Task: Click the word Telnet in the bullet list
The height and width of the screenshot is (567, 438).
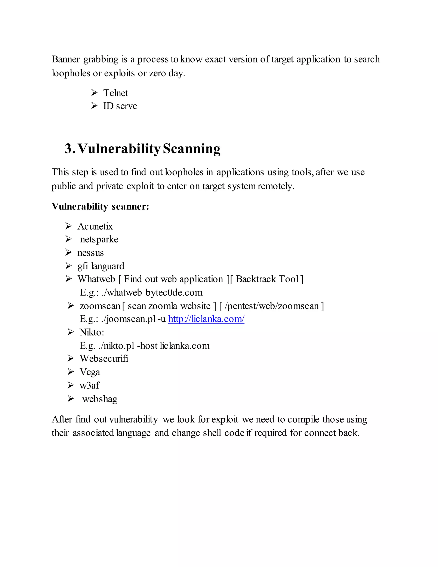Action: click(x=115, y=93)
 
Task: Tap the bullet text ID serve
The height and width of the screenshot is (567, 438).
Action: click(x=120, y=106)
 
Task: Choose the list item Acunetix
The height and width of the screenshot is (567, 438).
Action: click(x=95, y=226)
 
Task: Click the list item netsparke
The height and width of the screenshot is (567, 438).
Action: click(x=99, y=239)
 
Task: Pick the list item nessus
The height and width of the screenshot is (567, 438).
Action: click(x=90, y=253)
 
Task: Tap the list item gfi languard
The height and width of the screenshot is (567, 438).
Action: click(x=101, y=266)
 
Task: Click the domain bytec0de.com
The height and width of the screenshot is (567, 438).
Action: click(x=174, y=292)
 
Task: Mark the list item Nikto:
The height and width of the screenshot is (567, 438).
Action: click(x=92, y=332)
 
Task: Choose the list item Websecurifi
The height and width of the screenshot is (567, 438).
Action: click(x=104, y=359)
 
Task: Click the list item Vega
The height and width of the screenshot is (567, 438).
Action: click(x=90, y=372)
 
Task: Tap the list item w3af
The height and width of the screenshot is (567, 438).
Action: click(x=89, y=385)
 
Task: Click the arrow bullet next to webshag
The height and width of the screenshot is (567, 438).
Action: click(x=70, y=399)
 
